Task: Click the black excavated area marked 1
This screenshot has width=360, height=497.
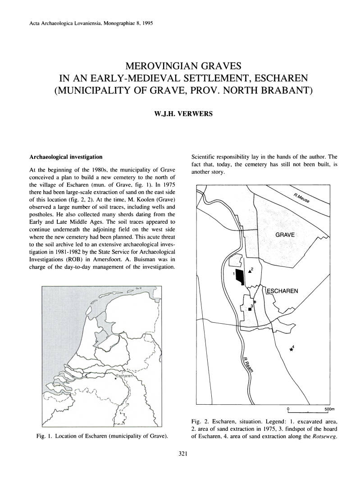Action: pyautogui.click(x=242, y=276)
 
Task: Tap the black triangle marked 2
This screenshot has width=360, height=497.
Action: pyautogui.click(x=250, y=271)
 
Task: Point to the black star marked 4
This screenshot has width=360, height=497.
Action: pyautogui.click(x=292, y=350)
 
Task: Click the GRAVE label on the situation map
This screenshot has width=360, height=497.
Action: pyautogui.click(x=284, y=235)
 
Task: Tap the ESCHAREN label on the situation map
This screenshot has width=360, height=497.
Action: pyautogui.click(x=283, y=291)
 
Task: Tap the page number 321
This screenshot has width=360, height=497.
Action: pyautogui.click(x=180, y=454)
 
